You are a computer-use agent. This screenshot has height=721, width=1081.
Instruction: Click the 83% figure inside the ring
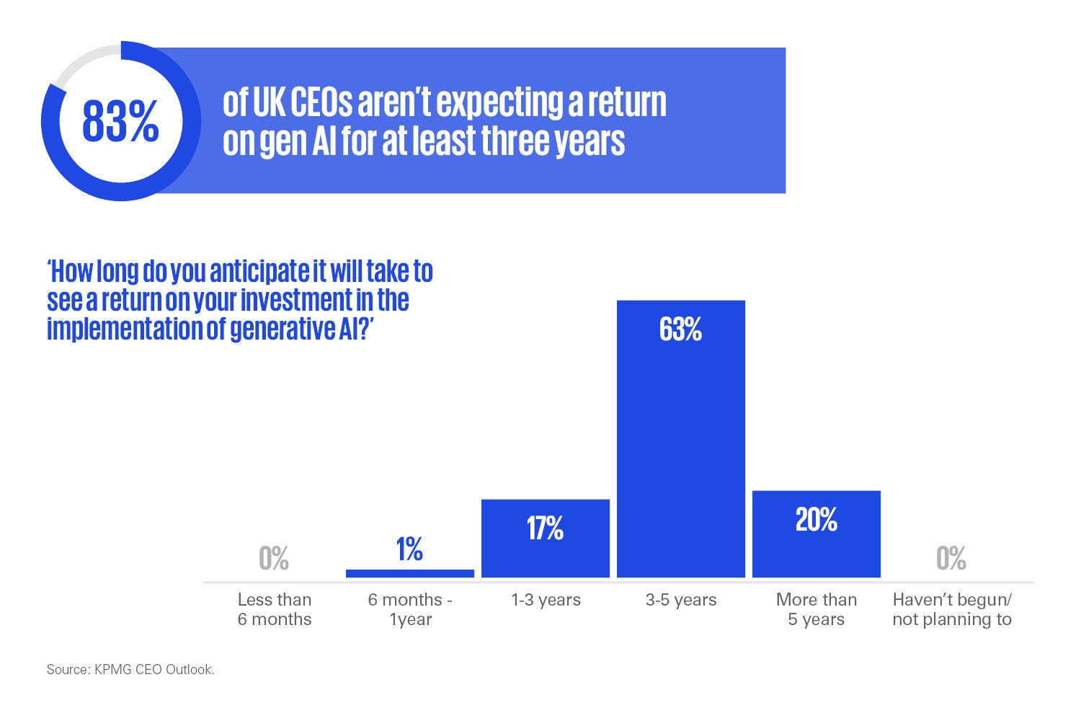[x=120, y=121]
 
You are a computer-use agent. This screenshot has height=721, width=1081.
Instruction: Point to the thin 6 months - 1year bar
[x=410, y=573]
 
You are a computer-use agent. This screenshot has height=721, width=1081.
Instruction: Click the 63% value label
[x=680, y=329]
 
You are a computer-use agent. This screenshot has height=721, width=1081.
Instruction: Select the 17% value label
[x=545, y=528]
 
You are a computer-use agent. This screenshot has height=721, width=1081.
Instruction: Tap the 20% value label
[x=816, y=519]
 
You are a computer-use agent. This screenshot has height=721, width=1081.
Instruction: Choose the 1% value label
[x=409, y=549]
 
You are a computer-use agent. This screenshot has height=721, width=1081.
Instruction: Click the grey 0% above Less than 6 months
[x=274, y=558]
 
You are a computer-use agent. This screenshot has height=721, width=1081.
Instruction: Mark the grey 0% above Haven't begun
[x=951, y=558]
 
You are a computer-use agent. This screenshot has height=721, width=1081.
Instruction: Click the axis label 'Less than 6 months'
[x=275, y=609]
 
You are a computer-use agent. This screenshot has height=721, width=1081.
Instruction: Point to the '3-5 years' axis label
[x=680, y=600]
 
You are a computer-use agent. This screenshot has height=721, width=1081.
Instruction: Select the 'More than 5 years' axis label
[x=816, y=609]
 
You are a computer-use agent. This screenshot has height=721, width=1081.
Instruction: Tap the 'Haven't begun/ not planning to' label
[x=952, y=609]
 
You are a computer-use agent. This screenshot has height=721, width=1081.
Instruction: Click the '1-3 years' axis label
[x=546, y=600]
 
